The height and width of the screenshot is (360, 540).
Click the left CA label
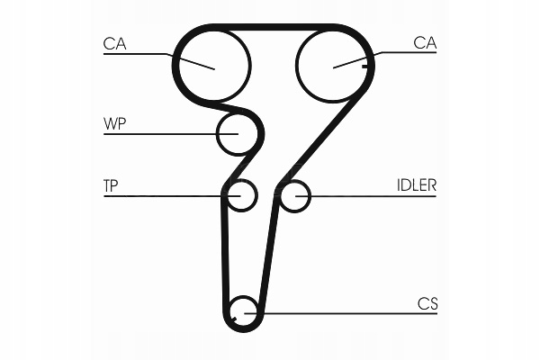pyautogui.click(x=114, y=41)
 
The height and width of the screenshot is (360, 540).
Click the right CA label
pyautogui.click(x=425, y=41)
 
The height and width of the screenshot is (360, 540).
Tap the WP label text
pyautogui.click(x=114, y=123)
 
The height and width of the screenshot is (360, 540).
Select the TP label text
pyautogui.click(x=112, y=185)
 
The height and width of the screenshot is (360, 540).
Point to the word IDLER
pyautogui.click(x=417, y=185)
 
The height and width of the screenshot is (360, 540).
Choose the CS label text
pyautogui.click(x=427, y=304)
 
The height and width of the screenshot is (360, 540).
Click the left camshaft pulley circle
pyautogui.click(x=213, y=62)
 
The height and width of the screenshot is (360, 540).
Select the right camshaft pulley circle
pyautogui.click(x=332, y=64)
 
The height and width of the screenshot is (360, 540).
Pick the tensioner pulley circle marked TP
pyautogui.click(x=241, y=195)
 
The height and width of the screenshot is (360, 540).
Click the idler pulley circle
pyautogui.click(x=294, y=195)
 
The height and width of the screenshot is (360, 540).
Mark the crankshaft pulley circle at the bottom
pyautogui.click(x=243, y=311)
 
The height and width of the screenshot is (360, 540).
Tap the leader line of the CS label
pyautogui.click(x=342, y=313)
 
